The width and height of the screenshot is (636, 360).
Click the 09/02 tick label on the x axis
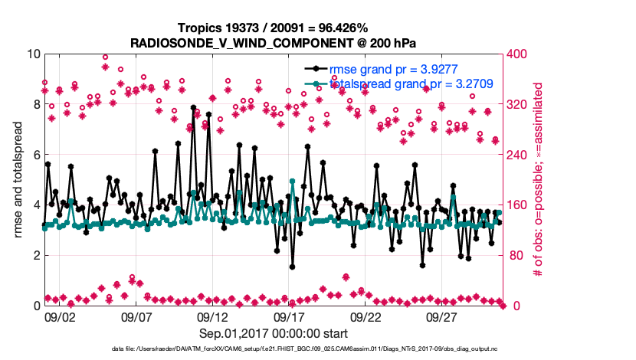[59, 315]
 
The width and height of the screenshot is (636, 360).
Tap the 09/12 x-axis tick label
[213, 315]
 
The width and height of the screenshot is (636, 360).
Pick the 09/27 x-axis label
[443, 315]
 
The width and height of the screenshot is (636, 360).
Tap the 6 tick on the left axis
[34, 155]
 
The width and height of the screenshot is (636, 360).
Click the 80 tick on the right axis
[514, 255]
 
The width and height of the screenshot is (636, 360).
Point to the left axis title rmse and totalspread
[18, 180]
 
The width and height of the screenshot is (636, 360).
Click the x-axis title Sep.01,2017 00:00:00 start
[274, 333]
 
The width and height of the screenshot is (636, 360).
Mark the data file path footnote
[274, 349]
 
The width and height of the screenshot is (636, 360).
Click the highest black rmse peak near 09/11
[193, 108]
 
